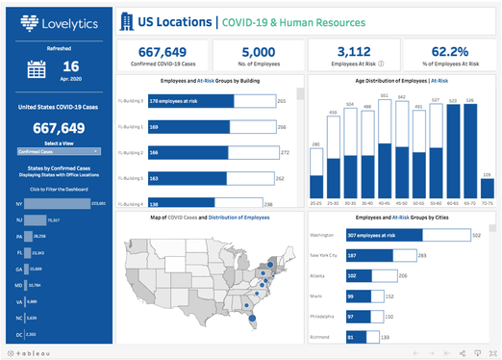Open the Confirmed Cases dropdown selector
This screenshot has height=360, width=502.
(x=59, y=151)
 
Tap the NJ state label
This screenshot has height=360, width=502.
(x=19, y=220)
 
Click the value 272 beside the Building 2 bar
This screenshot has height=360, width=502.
(x=285, y=152)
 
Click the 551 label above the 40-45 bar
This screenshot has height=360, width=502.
(x=385, y=96)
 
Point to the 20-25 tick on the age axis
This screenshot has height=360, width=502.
(x=316, y=203)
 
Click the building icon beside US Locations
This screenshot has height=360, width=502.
(x=127, y=21)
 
